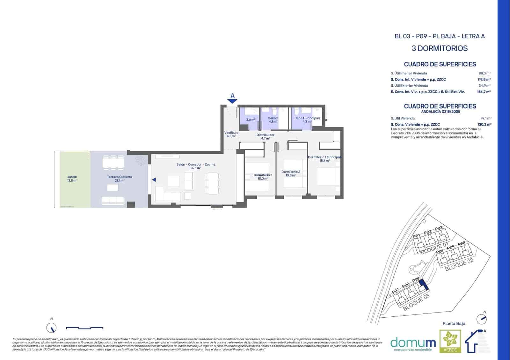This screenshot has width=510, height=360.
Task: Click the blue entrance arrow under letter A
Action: (x=232, y=101)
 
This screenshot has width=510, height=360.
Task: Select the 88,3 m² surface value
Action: (x=484, y=73)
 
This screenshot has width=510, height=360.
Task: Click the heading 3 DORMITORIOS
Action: (x=440, y=48)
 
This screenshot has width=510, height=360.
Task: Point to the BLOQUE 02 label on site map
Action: (x=459, y=265)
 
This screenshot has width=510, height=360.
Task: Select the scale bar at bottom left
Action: (x=84, y=328)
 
